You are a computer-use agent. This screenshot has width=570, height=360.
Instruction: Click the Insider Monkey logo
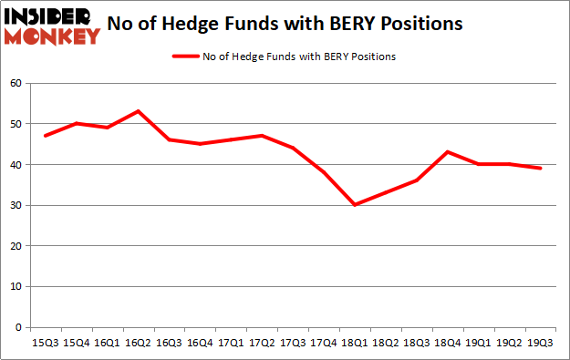click(52, 26)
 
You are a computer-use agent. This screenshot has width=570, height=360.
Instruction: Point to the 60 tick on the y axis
click(15, 83)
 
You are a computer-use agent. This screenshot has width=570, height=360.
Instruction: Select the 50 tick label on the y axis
click(15, 124)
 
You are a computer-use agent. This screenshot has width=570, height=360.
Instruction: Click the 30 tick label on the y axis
click(15, 205)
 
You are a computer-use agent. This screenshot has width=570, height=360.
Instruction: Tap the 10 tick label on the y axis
click(15, 286)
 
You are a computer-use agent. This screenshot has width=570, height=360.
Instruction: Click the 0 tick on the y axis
click(18, 327)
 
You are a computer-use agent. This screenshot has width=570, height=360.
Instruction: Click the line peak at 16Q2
click(139, 111)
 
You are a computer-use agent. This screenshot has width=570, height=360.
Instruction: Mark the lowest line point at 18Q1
click(355, 205)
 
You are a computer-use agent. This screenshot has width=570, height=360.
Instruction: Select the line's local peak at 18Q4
click(448, 152)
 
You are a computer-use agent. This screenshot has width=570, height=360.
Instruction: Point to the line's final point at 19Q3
click(540, 169)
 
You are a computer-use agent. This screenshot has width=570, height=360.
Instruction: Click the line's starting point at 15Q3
click(46, 136)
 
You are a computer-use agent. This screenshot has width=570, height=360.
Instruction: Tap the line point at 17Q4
click(324, 172)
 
